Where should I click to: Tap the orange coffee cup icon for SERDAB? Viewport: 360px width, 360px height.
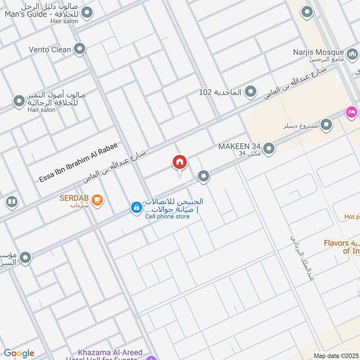click(97, 200)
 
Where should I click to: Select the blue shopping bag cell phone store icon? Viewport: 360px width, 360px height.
click(135, 207)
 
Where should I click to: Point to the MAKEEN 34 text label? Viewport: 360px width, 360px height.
click(239, 146)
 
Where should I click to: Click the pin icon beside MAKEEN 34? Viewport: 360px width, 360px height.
click(269, 148)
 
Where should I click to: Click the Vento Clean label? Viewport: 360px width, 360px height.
click(49, 49)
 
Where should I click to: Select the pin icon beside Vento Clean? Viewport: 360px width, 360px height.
click(80, 49)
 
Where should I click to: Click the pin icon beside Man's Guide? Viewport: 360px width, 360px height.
click(87, 12)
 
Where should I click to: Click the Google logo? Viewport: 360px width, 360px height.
click(18, 353)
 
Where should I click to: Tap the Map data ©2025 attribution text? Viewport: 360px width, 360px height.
click(336, 355)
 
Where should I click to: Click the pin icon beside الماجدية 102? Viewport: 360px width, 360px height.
click(251, 92)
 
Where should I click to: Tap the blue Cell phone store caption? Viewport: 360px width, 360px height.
click(167, 216)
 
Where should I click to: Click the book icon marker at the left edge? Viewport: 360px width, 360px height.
click(12, 202)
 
